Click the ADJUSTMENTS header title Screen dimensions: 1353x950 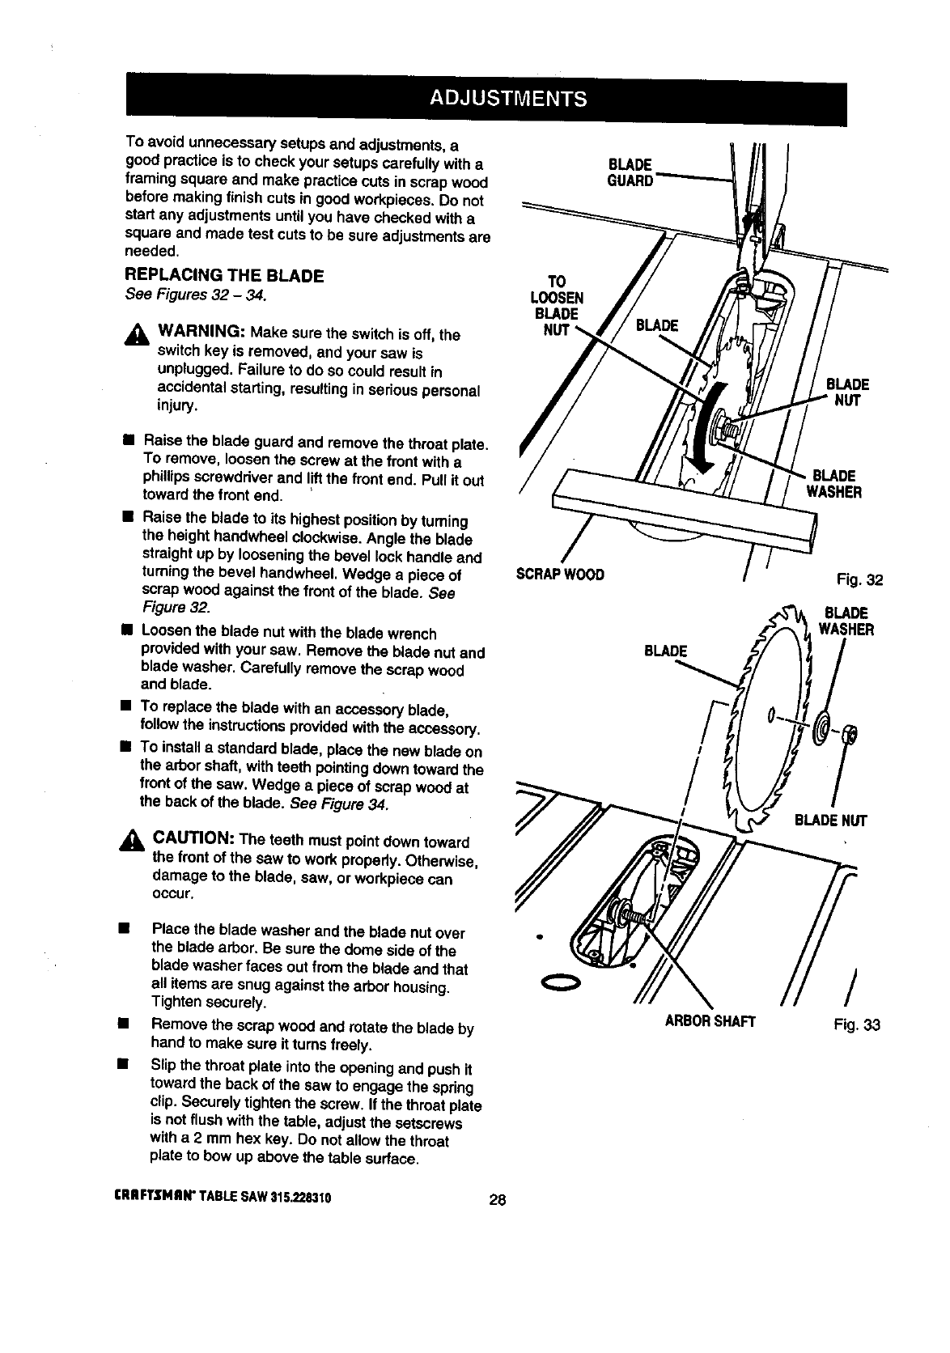[x=507, y=100]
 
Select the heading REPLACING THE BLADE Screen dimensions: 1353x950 [x=225, y=276]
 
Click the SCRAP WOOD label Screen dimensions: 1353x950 [x=560, y=575]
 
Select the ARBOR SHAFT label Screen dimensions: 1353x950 [x=710, y=1021]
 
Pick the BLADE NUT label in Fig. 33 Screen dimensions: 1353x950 [x=831, y=821]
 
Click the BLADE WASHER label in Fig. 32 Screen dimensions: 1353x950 [x=833, y=483]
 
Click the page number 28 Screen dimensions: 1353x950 [x=498, y=1200]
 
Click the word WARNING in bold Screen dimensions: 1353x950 [x=201, y=333]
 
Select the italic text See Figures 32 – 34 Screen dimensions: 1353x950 [x=196, y=295]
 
